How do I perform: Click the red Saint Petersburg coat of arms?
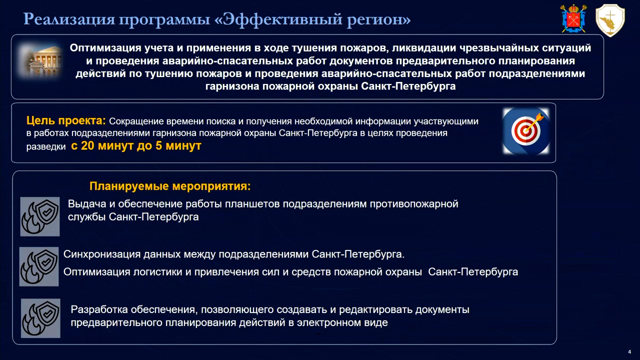tap(573, 18)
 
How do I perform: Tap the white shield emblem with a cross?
tap(610, 20)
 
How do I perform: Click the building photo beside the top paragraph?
tap(40, 60)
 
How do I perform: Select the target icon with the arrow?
tap(526, 131)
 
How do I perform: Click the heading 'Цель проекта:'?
tap(66, 120)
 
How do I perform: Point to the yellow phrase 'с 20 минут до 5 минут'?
tap(136, 145)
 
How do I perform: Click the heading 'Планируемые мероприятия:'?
tap(170, 186)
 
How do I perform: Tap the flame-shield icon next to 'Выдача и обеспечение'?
tap(40, 216)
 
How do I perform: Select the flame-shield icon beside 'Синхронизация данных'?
tap(39, 266)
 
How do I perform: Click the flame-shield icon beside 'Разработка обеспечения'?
tap(40, 318)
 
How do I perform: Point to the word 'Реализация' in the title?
tap(69, 19)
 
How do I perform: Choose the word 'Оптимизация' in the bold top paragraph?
tap(105, 47)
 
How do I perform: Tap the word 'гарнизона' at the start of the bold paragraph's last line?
tap(232, 86)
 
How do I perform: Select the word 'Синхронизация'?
tap(102, 254)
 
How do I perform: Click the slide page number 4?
tap(629, 351)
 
